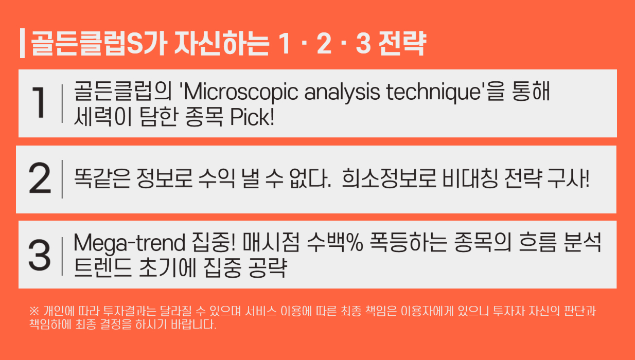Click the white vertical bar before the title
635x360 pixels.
[23, 43]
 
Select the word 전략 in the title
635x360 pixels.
[402, 43]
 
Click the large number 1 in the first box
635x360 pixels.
[39, 102]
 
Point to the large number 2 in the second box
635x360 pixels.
[40, 178]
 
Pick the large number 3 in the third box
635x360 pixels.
[40, 255]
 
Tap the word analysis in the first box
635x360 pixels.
[342, 92]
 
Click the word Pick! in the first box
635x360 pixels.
[252, 117]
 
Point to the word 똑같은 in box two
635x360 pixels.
[102, 178]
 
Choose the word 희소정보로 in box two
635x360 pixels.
[389, 178]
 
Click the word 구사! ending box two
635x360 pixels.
[569, 178]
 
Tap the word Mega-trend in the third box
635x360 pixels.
[129, 243]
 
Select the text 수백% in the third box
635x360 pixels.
[335, 242]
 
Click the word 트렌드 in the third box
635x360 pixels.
[102, 267]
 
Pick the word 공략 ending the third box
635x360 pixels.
[268, 267]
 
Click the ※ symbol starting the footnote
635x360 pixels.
[34, 311]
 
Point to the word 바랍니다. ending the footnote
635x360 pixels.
[193, 325]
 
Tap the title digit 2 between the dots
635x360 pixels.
[324, 43]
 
